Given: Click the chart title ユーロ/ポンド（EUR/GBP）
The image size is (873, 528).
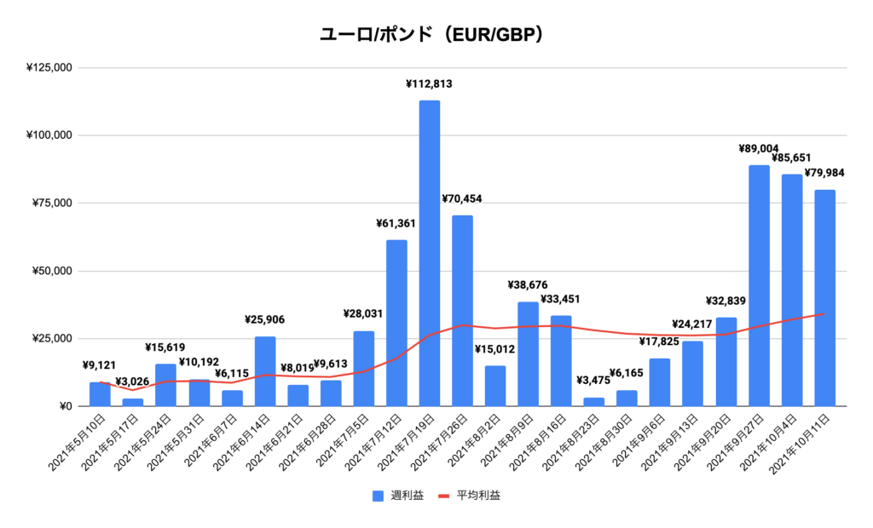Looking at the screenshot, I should click(436, 35).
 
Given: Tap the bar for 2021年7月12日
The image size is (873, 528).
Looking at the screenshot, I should click(396, 323).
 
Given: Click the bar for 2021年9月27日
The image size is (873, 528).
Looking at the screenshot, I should click(759, 285).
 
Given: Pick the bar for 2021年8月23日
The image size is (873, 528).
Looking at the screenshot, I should click(594, 402).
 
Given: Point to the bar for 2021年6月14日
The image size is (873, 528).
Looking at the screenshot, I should click(264, 371).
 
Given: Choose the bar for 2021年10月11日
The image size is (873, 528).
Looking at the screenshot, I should click(824, 298).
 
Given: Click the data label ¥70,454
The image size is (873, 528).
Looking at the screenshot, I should click(462, 199).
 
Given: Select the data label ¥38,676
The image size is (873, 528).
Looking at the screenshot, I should click(528, 285).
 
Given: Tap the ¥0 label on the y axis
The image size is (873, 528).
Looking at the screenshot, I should click(64, 406).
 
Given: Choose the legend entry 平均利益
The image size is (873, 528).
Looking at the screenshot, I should click(473, 496).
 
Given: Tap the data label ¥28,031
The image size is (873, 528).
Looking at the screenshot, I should click(362, 313).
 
